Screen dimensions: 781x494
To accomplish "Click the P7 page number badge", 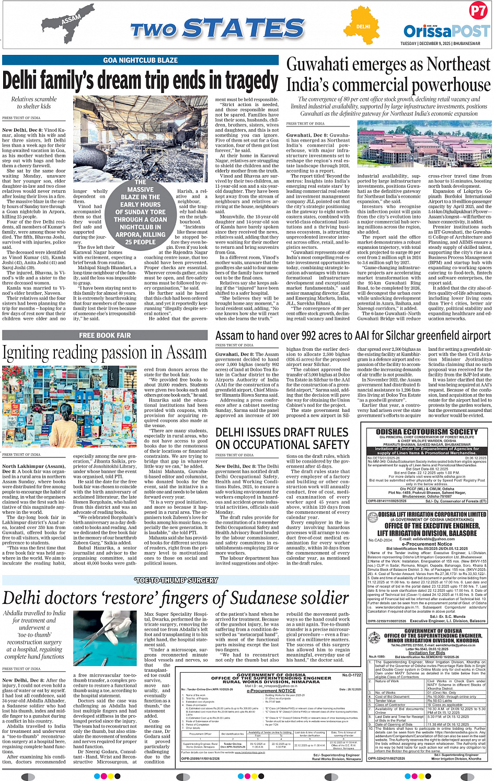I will click(x=478, y=11).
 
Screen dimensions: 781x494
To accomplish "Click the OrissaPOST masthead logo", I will click(x=446, y=31).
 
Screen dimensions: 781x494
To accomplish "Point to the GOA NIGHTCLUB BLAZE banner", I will click(x=140, y=60).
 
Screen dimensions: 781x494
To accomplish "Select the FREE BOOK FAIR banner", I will click(x=105, y=335).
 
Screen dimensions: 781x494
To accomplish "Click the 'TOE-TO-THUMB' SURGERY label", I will click(x=176, y=580).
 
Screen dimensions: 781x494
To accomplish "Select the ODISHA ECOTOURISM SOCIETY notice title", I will click(x=427, y=432).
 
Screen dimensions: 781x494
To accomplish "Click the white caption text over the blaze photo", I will click(x=140, y=212).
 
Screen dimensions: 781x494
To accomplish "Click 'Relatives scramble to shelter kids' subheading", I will click(x=34, y=102).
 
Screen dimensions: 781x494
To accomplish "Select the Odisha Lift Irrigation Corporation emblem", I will click(x=373, y=515).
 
